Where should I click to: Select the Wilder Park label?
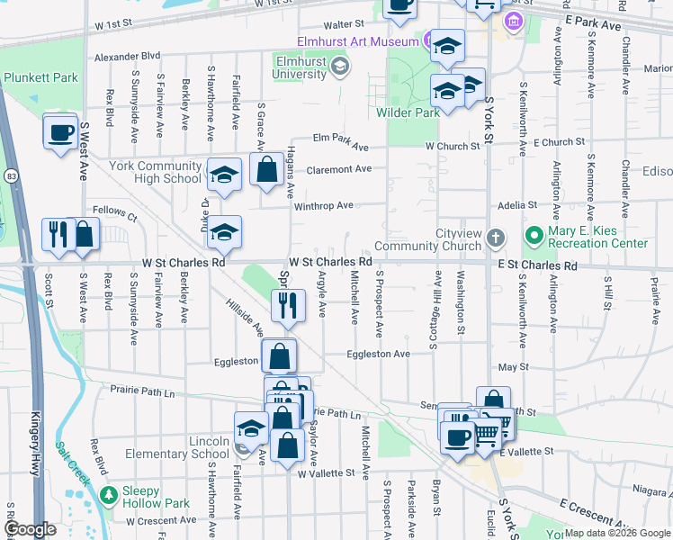417,112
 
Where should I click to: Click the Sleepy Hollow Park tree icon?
109,495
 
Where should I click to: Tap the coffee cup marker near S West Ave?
60,132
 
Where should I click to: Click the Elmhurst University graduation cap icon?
338,65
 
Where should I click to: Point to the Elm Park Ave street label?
341,142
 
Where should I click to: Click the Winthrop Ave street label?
323,205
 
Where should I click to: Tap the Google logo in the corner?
30,529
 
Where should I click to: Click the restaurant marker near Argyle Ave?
288,305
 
